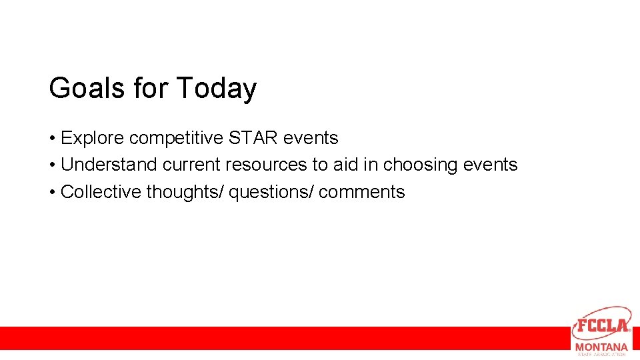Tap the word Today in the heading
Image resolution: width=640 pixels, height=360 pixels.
tap(216, 89)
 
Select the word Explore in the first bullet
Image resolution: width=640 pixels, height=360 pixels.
tap(93, 139)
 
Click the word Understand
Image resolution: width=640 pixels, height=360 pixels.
tap(109, 165)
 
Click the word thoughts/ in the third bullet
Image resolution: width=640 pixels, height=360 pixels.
tap(185, 192)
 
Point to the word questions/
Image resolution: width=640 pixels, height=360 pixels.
tap(271, 192)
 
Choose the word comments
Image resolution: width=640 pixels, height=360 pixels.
tap(362, 192)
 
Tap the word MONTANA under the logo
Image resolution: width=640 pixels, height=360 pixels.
tap(601, 347)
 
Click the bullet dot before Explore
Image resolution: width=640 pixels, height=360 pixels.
tap(51, 139)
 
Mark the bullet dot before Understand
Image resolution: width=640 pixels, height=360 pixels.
tap(51, 165)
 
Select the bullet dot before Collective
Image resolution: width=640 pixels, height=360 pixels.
tap(51, 193)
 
